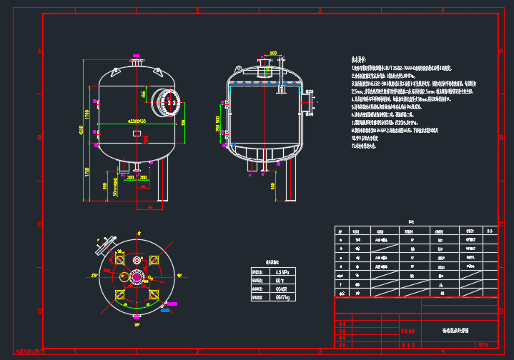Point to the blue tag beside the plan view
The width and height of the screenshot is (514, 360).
pos(166,310)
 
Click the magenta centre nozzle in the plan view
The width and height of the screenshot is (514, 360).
pos(137,276)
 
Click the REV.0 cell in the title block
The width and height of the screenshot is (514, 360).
pos(483,344)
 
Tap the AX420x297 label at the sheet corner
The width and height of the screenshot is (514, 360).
pos(30,352)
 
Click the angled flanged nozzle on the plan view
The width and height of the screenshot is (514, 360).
pos(107,245)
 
